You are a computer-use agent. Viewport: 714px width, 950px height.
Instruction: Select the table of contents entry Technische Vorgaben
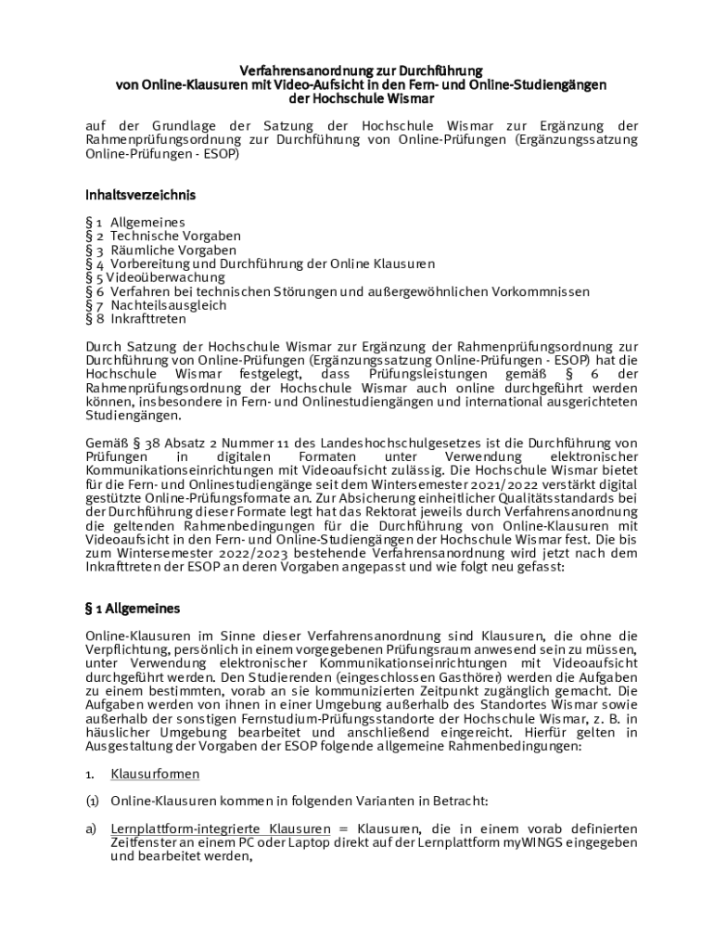coord(175,237)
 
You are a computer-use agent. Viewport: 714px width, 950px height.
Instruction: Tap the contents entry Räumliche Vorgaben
coord(173,250)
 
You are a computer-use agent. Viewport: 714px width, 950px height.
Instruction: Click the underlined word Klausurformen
coord(155,774)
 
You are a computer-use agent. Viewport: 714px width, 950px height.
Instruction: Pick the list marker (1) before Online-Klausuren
coord(93,801)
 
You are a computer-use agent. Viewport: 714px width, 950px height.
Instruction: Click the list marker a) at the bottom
coord(92,828)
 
